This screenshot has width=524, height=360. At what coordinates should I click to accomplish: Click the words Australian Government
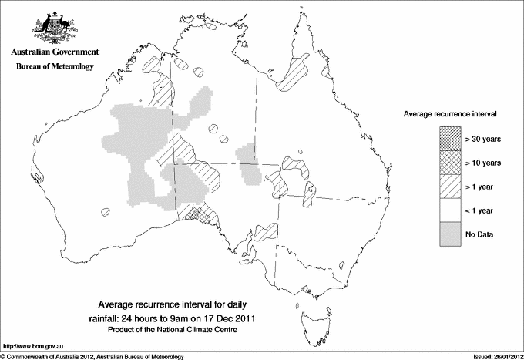[x=54, y=52]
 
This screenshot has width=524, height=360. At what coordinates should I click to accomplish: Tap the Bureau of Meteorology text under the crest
[x=54, y=67]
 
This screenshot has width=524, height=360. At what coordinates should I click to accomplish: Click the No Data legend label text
[x=479, y=234]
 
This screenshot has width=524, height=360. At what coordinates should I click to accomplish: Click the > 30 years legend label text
[x=482, y=138]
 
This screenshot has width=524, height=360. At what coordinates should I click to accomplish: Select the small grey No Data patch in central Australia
[x=249, y=162]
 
